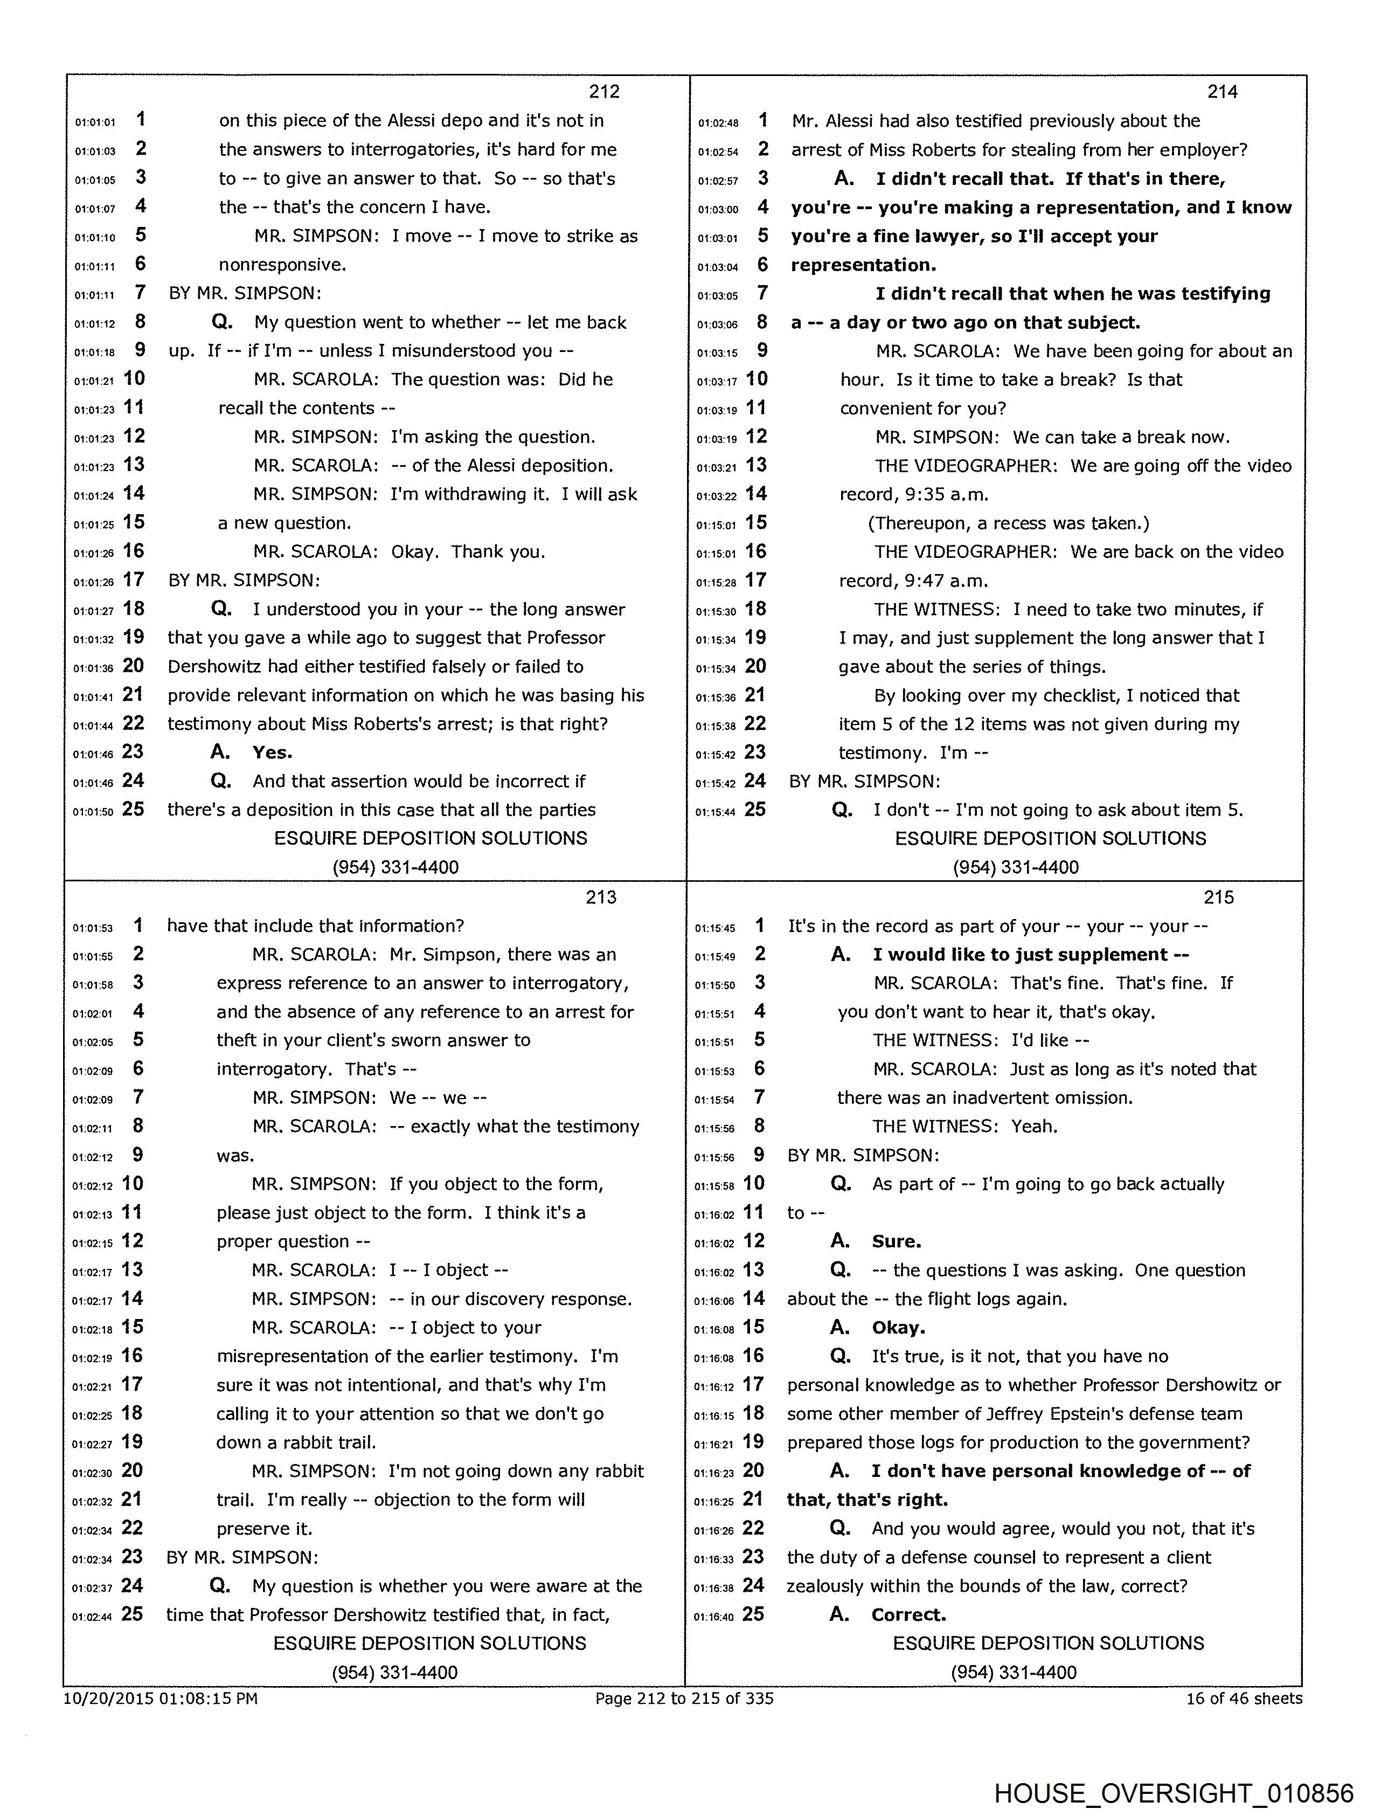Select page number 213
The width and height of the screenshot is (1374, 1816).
click(x=601, y=897)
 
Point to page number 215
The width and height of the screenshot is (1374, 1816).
click(x=1219, y=897)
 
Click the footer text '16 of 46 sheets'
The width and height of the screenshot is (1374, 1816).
click(x=1244, y=1698)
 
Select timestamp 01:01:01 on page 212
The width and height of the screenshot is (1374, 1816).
click(x=95, y=122)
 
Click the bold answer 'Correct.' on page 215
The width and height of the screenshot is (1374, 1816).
click(x=908, y=1615)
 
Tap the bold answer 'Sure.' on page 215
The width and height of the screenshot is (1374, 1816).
click(x=896, y=1241)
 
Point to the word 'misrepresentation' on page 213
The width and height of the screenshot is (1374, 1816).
click(x=288, y=1356)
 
